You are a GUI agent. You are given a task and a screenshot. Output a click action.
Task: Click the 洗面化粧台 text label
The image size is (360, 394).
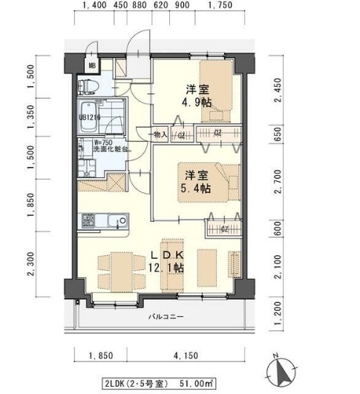point(111,150)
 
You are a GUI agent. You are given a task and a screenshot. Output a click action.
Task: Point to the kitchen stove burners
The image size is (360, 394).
point(88,221)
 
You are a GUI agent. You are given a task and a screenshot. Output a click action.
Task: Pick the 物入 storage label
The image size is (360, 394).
point(160,134)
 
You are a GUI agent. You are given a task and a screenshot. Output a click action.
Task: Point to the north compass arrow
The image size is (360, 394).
point(281,367)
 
